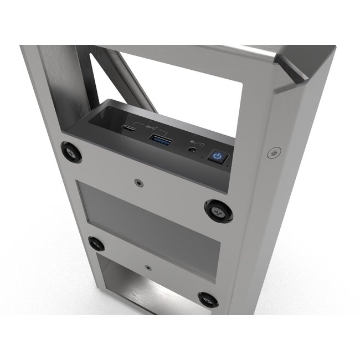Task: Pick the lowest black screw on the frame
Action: pyautogui.click(x=208, y=300)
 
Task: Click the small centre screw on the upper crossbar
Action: pyautogui.click(x=137, y=181)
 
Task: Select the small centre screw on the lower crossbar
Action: pyautogui.click(x=148, y=266)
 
